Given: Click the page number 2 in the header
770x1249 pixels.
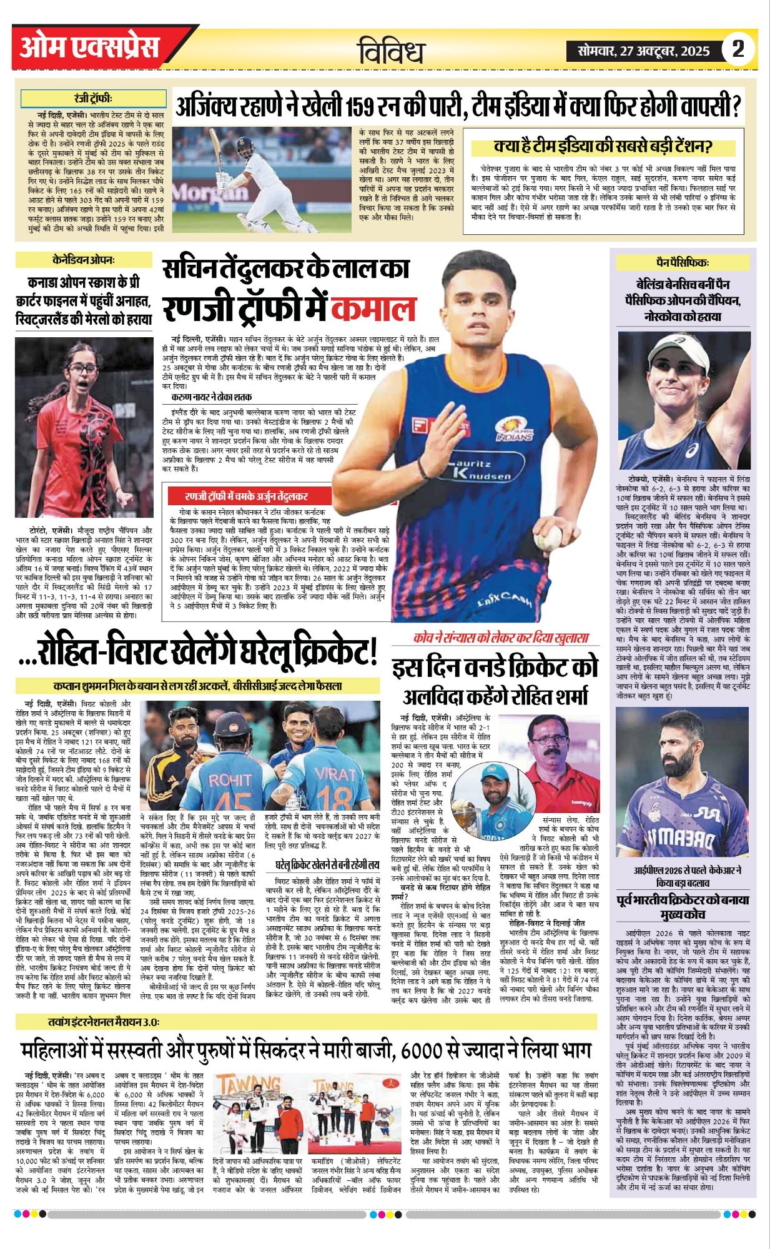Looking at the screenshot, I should [x=738, y=49].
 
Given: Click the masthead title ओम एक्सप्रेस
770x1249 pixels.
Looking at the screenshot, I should [x=89, y=47].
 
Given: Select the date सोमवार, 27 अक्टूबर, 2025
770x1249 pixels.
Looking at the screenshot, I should [x=643, y=51].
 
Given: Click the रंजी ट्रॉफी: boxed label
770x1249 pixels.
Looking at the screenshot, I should [x=93, y=99].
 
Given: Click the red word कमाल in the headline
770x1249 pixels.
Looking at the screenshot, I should [x=373, y=308].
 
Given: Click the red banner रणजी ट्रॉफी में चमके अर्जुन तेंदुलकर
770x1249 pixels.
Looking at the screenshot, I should [x=246, y=496].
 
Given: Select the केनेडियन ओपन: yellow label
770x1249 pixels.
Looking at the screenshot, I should [x=84, y=260].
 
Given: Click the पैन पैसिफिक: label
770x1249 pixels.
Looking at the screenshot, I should [x=682, y=262].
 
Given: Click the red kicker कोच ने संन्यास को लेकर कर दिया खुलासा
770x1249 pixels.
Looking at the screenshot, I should [x=501, y=638].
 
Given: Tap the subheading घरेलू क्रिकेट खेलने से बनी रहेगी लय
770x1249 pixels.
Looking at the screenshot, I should [x=327, y=865].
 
